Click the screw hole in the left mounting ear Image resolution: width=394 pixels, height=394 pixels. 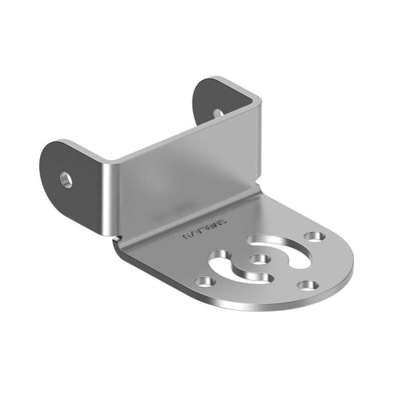(x=67, y=179)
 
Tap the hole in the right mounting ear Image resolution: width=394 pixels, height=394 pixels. (x=218, y=112)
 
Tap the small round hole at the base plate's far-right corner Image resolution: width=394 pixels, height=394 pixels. (x=313, y=235)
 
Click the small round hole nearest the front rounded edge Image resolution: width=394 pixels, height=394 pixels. (x=308, y=285)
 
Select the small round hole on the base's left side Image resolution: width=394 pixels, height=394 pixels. (x=203, y=282)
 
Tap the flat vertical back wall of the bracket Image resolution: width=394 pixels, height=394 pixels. (x=185, y=181)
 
